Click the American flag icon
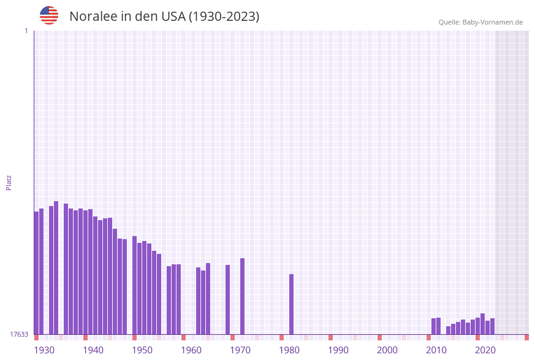49,15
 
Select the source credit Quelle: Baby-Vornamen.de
480,22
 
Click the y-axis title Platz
9,182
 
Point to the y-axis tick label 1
26,31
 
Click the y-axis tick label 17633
19,334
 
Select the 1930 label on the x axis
44,350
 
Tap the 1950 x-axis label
142,350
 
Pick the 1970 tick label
240,350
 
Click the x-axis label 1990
338,350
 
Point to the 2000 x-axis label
387,350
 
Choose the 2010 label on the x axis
436,350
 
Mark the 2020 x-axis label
485,350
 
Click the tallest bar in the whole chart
56,267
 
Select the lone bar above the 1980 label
292,304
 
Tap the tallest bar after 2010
483,324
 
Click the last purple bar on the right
493,326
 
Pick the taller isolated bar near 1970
243,296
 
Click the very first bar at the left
37,273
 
